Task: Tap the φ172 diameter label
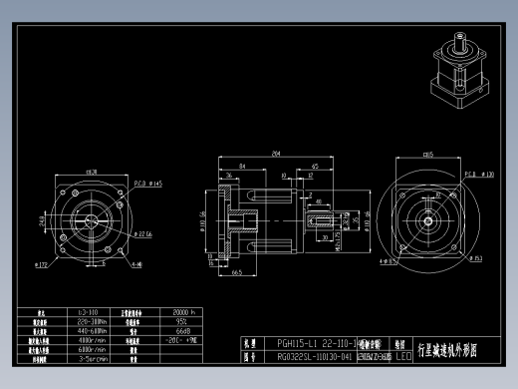point(42,265)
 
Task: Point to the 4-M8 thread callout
point(134,264)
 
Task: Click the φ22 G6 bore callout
point(145,233)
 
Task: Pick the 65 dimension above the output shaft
point(314,166)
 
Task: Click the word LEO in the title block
point(403,355)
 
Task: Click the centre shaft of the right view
point(429,221)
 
